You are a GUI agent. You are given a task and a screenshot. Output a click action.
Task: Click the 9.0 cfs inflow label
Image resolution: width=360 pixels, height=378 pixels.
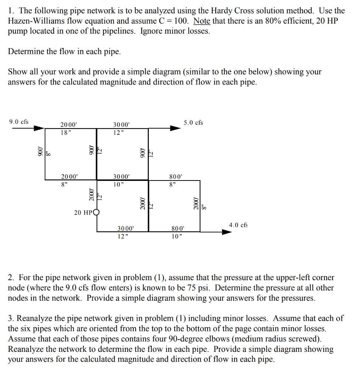[19, 121]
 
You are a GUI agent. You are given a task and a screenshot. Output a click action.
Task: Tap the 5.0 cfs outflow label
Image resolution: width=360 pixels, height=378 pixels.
[193, 122]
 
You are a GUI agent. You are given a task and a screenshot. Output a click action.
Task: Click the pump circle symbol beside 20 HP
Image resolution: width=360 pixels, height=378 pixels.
[97, 212]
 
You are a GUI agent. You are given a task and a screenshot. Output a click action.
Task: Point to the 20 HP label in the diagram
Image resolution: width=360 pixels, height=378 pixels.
[83, 213]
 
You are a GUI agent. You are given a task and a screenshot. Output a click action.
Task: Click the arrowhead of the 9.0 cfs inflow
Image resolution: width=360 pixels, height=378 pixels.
[40, 128]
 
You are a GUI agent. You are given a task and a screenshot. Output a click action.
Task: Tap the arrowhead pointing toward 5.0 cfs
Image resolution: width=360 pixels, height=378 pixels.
[175, 128]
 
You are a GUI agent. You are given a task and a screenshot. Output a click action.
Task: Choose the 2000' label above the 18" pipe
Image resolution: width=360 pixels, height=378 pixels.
[69, 125]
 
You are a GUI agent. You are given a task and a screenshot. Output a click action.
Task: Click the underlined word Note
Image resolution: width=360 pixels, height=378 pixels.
[202, 21]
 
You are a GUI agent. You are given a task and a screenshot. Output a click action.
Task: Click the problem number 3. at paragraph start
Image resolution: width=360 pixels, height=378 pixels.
[11, 318]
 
